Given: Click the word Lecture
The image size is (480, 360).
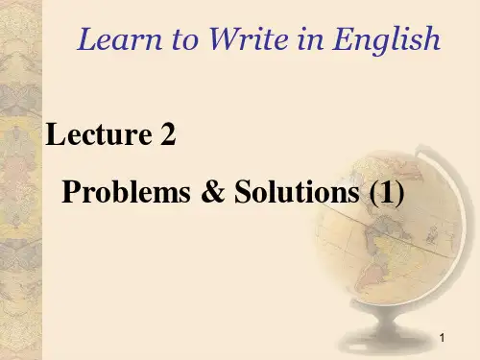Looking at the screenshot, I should tap(93, 136).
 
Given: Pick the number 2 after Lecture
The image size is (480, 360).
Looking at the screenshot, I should tap(167, 136).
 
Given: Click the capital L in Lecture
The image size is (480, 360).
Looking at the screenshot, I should tap(54, 136).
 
